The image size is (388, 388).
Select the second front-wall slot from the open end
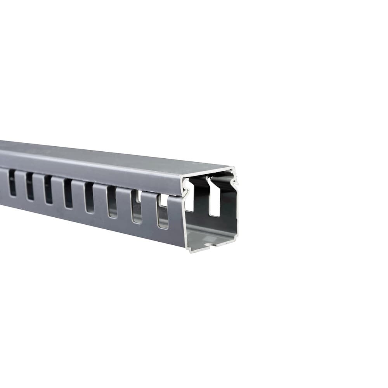pos(136,207)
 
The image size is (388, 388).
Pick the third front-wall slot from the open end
pos(112,202)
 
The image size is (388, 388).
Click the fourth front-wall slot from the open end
pos(89,197)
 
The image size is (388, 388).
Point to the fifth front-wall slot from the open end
pos(68,193)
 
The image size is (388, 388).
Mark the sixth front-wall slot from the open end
pos(48,189)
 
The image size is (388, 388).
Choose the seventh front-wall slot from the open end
pos(30,185)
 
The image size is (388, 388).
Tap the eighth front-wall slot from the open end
pos(12,182)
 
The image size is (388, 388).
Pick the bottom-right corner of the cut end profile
pos(236,236)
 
